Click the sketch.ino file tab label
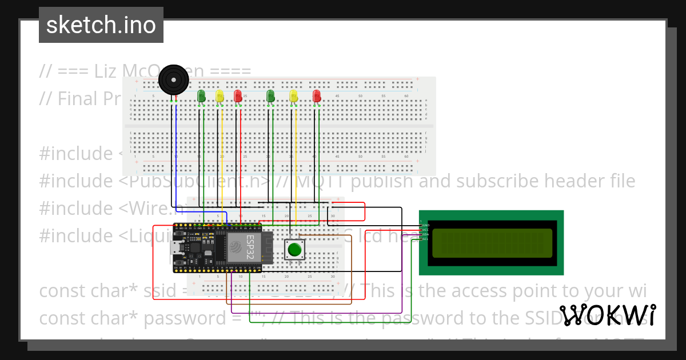click(101, 25)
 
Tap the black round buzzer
click(173, 80)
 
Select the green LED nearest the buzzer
click(201, 96)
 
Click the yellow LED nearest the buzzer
click(220, 96)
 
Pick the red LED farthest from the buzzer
click(317, 96)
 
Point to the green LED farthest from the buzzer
click(271, 96)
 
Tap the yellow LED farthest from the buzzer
click(294, 96)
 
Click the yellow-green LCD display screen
click(492, 243)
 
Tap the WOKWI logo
click(607, 315)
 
